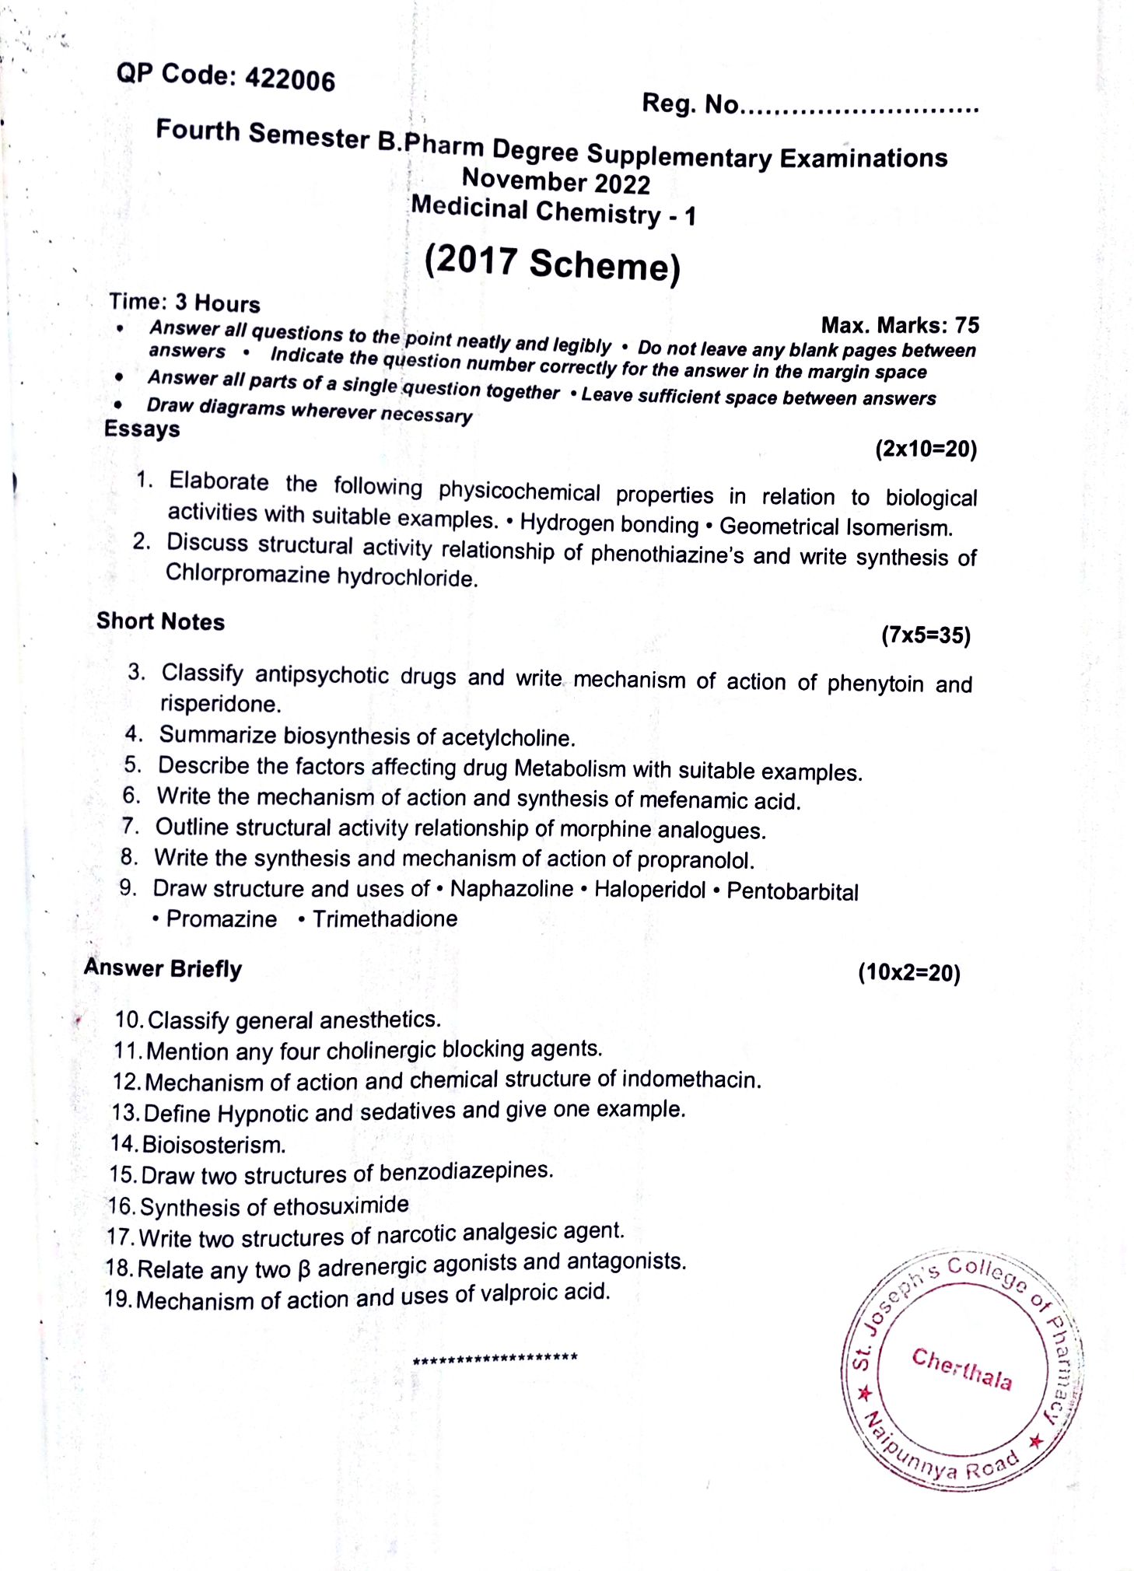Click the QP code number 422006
(290, 79)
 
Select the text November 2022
(555, 181)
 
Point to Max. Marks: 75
(900, 324)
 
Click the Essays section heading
(142, 429)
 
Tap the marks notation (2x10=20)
(926, 449)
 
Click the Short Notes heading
(160, 621)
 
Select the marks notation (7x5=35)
(926, 635)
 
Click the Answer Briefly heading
(163, 968)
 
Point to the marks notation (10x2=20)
(908, 973)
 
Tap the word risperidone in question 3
(220, 704)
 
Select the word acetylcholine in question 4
(508, 737)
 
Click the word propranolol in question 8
(695, 860)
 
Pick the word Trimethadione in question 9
(384, 919)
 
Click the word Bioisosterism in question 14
(214, 1145)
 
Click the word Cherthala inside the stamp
(962, 1369)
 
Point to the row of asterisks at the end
(495, 1359)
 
